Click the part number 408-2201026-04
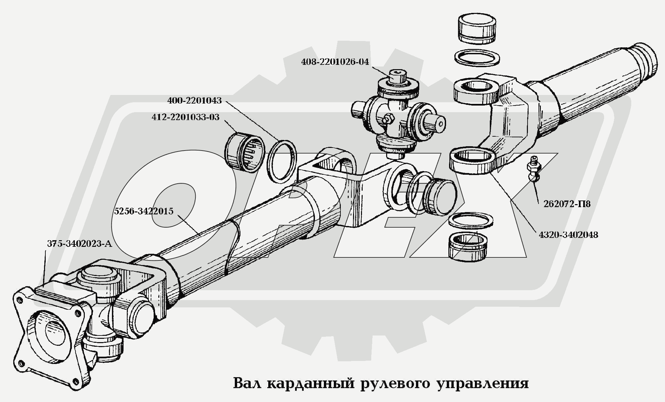335,62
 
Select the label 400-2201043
194,101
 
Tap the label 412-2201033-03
185,117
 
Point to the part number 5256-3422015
143,211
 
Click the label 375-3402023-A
79,244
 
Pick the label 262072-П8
567,204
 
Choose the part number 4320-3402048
568,235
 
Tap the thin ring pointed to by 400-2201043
281,161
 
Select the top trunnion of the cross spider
397,77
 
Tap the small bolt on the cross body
388,118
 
